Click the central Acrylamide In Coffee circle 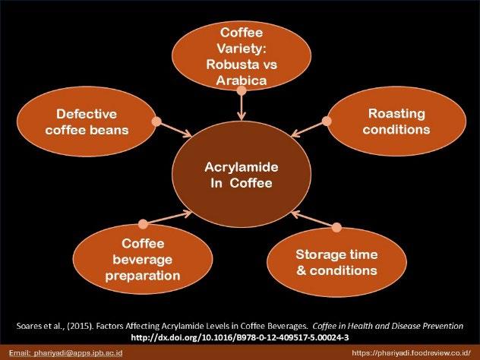[x=241, y=176]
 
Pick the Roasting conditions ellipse [x=396, y=122]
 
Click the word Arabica [x=241, y=79]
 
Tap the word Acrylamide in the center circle [x=241, y=168]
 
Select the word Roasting [x=396, y=114]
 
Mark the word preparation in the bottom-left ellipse [x=138, y=276]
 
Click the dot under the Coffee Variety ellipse [x=241, y=90]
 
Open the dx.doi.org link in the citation [x=241, y=336]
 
